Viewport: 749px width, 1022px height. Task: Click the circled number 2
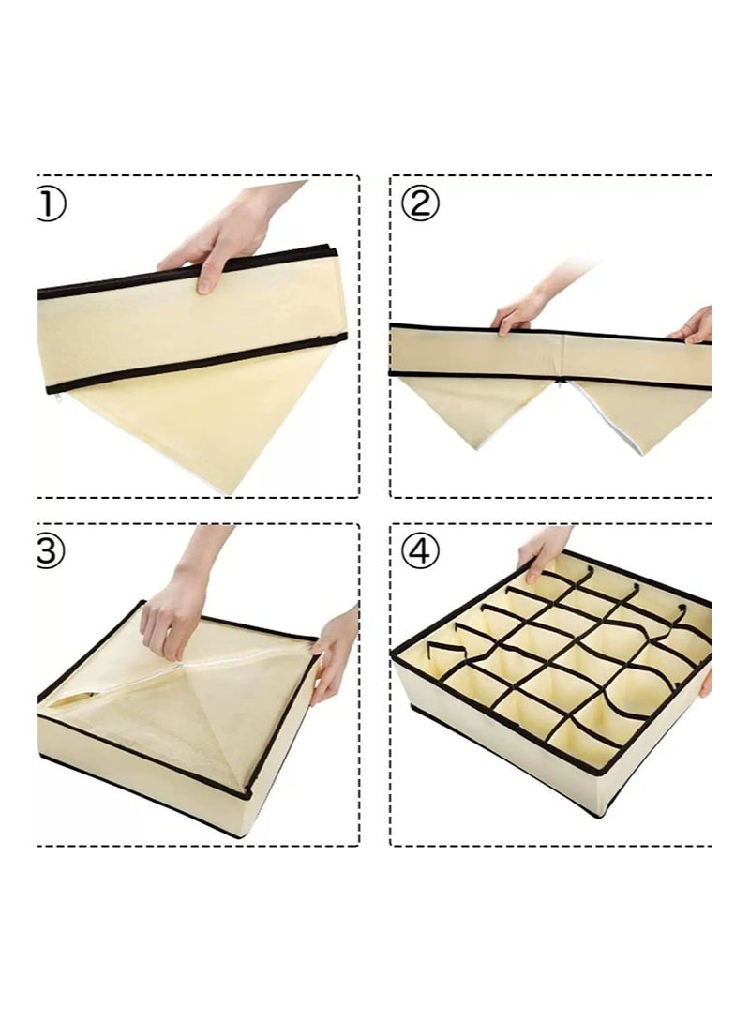[419, 203]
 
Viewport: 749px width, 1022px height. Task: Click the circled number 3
[52, 552]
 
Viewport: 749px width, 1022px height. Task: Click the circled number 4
[419, 552]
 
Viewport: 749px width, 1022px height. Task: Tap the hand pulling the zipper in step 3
[173, 609]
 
